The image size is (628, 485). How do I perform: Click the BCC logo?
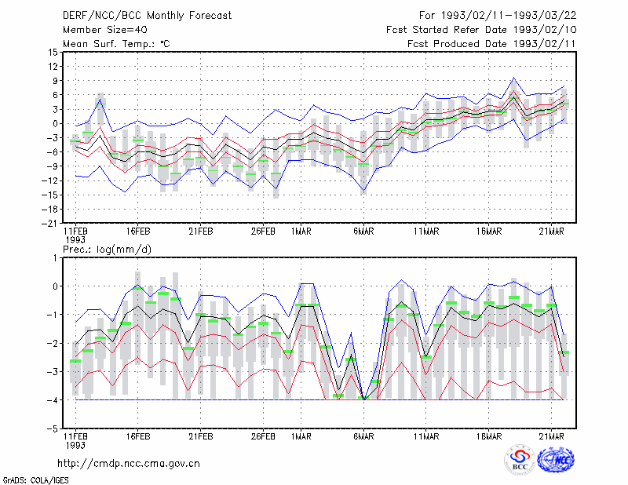point(520,460)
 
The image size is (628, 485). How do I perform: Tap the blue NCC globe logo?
point(556,460)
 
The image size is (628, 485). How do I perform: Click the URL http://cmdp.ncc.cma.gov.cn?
point(129,464)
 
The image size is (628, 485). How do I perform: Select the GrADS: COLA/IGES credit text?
point(35,480)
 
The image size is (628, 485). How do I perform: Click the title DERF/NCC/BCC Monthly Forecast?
point(147,16)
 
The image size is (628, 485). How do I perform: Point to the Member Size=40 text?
point(105,30)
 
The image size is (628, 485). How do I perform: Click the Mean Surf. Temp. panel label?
point(116,44)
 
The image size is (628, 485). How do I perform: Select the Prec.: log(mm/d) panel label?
point(107,250)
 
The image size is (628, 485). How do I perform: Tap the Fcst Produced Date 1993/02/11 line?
point(491,44)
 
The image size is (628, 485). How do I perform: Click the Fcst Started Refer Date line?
point(481,30)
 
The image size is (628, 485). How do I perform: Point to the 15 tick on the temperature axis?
point(53,52)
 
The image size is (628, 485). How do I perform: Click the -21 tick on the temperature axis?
point(49,224)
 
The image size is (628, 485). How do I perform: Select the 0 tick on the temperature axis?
point(56,123)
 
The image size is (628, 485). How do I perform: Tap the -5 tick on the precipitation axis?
point(53,428)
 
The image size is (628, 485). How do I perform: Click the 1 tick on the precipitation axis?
point(55,258)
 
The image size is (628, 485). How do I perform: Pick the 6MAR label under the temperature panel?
point(363,232)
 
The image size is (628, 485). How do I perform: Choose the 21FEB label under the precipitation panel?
point(201,436)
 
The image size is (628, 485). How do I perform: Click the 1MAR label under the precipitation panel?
point(301,436)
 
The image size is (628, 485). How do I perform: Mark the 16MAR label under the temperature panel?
point(488,232)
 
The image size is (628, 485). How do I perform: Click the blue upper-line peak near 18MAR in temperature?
point(513,78)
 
